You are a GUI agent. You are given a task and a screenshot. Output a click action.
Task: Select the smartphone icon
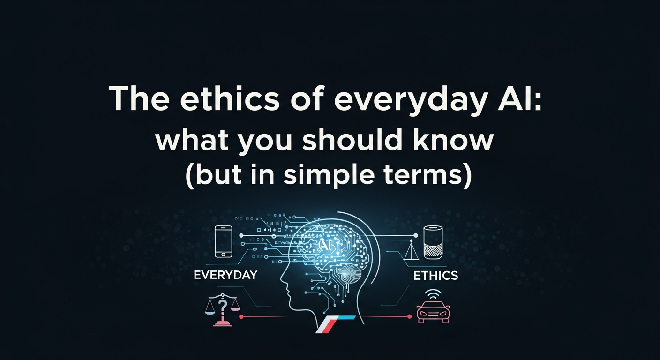223,241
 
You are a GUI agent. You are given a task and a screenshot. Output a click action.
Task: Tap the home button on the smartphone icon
223,254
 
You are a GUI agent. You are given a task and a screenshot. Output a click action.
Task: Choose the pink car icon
432,312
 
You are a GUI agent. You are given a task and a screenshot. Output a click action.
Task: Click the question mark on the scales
223,306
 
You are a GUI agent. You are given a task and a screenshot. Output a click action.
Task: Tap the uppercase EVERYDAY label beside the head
225,275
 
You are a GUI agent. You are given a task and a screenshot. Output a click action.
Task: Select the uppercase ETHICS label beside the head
435,276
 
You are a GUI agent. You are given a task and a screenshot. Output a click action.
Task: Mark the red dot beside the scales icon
241,317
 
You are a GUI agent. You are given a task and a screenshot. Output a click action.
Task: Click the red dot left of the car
409,317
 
